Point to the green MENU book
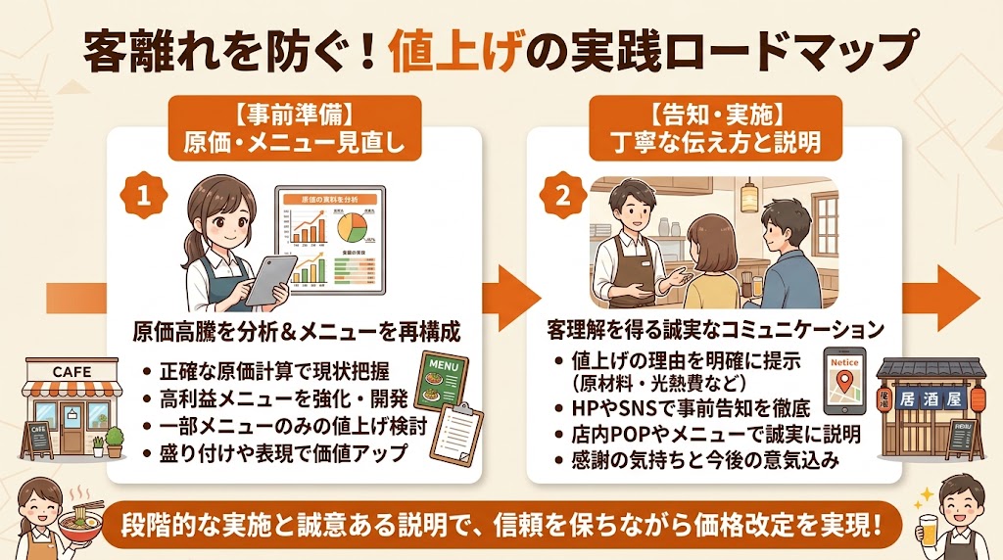[442, 385]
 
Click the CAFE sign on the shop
[72, 372]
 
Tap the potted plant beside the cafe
[115, 441]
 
